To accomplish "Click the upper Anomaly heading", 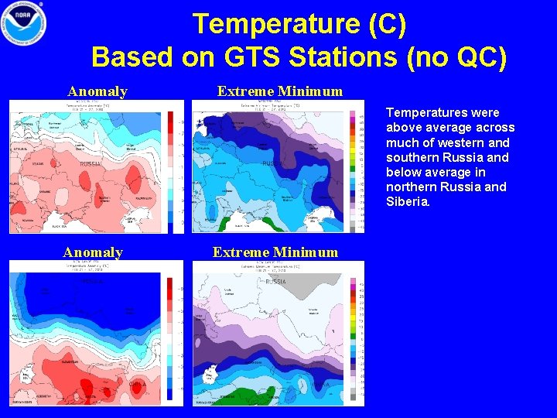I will [97, 91].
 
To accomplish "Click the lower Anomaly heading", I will [93, 252].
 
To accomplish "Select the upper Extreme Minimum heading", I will [279, 91].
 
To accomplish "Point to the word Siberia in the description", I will [410, 201].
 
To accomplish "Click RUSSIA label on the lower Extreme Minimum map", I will [275, 282].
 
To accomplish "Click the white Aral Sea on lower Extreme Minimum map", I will [208, 377].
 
